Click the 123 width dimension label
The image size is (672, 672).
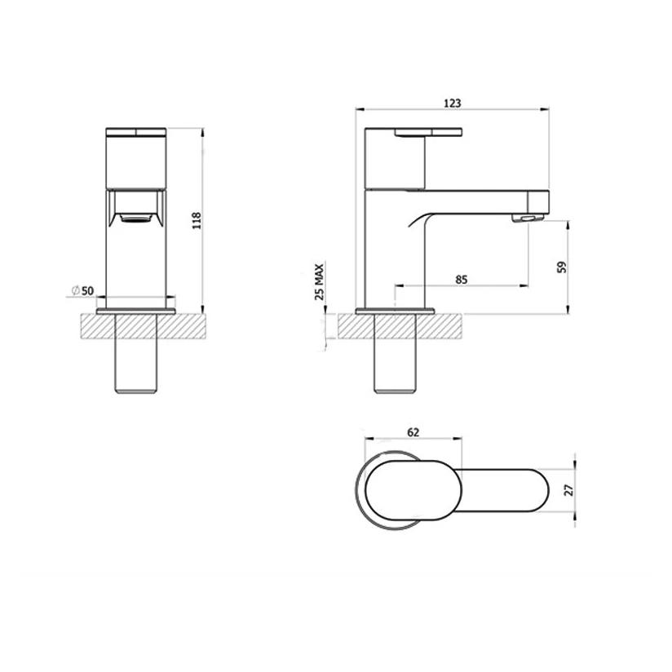pyautogui.click(x=453, y=103)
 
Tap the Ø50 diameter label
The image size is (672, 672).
pyautogui.click(x=83, y=290)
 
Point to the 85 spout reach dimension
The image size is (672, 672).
pyautogui.click(x=461, y=280)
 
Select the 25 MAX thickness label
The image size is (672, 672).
pyautogui.click(x=321, y=282)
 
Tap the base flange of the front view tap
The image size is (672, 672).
pyautogui.click(x=136, y=311)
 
